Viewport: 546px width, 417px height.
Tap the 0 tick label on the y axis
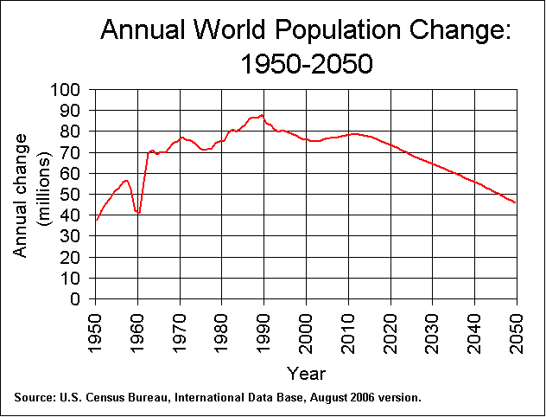79,299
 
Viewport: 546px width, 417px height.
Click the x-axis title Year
306,373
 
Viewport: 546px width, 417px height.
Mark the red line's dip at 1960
137,212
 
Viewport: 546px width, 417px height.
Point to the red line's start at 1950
96,220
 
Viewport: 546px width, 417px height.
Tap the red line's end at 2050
517,203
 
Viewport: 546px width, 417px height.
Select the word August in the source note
330,398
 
